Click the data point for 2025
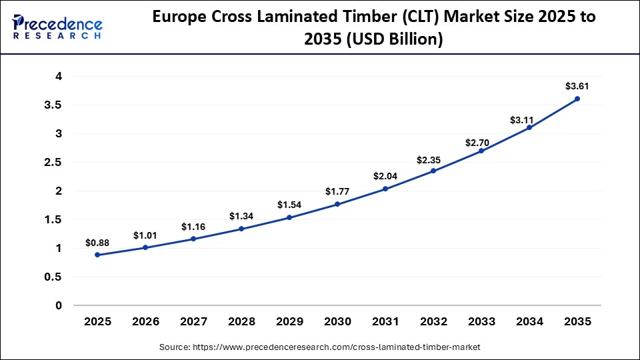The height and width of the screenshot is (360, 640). click(98, 255)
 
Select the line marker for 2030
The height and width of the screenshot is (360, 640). click(337, 204)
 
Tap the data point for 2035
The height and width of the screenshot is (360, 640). click(577, 99)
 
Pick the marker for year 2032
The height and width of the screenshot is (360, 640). click(433, 171)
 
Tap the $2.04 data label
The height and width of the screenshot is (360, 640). click(385, 177)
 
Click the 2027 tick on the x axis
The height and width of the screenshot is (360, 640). click(194, 322)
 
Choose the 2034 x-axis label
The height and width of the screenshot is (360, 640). click(529, 322)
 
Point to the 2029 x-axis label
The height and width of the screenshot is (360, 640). click(289, 322)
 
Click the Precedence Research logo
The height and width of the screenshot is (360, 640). click(58, 27)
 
